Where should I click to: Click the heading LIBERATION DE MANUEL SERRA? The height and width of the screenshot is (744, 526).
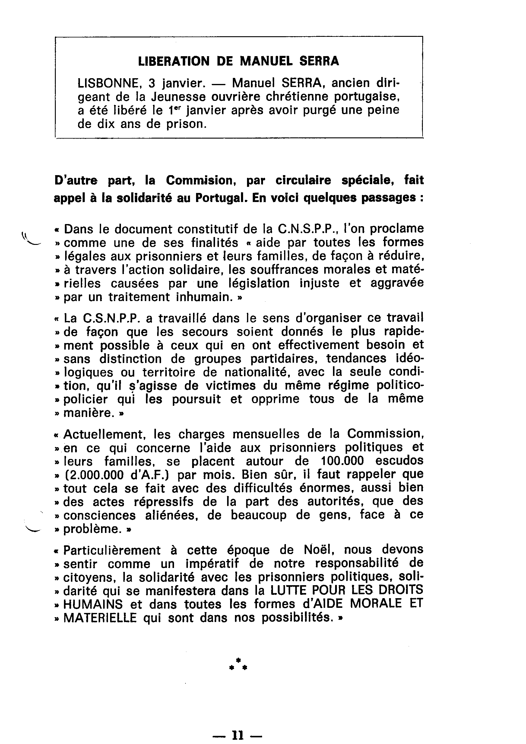(238, 61)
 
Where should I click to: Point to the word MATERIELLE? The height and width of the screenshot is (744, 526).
(100, 618)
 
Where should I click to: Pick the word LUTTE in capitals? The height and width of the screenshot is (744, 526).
(285, 590)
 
